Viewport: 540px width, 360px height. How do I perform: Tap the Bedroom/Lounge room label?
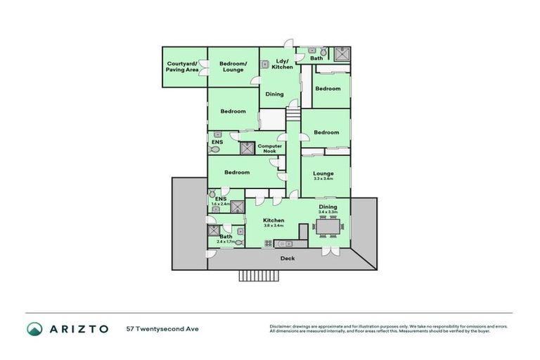point(233,67)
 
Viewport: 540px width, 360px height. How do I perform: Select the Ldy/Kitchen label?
point(283,63)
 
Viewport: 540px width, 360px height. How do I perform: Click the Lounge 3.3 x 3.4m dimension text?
point(324,179)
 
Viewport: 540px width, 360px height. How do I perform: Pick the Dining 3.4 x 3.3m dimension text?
point(328,212)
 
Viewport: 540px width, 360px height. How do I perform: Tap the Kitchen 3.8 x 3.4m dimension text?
point(274,226)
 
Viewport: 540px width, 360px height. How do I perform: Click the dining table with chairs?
point(328,227)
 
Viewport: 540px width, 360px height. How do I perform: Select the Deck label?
point(288,258)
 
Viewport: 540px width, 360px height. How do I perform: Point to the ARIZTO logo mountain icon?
point(34,328)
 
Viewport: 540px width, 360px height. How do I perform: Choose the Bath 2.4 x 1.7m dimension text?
point(226,241)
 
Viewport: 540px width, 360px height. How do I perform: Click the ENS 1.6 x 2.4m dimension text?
point(221,204)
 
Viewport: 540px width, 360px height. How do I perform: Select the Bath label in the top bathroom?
point(316,58)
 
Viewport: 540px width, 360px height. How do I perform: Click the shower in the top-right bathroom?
point(342,54)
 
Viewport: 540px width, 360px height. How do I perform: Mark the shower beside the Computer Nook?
point(247,148)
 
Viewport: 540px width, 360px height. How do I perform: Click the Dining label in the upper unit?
point(274,94)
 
